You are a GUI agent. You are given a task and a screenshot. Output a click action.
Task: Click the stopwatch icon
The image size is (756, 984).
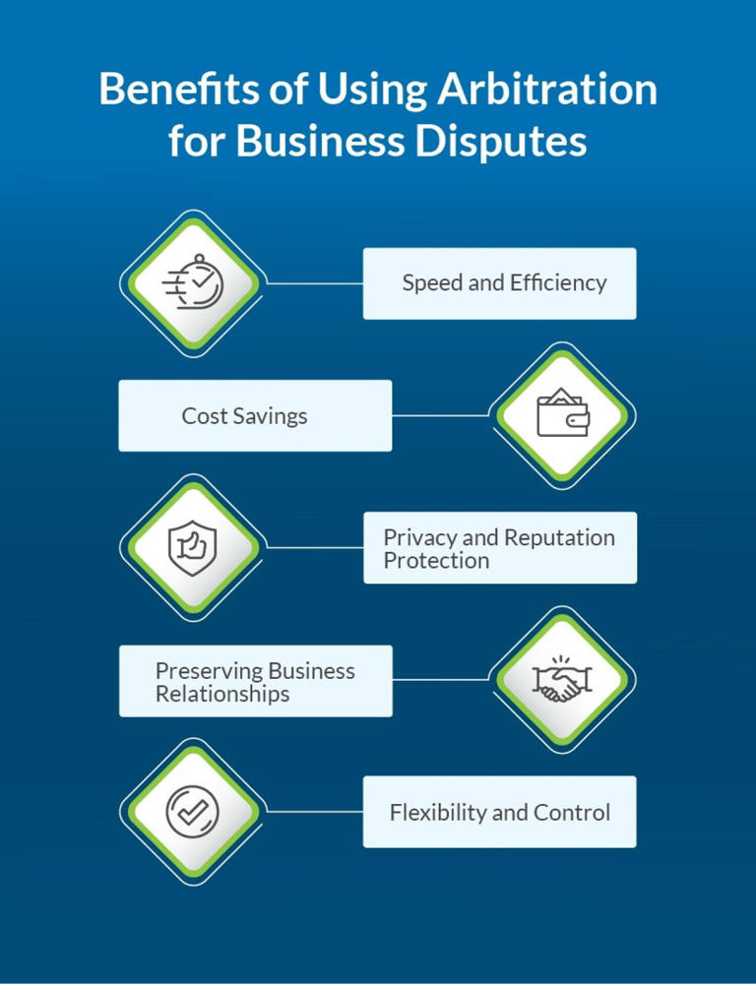[191, 283]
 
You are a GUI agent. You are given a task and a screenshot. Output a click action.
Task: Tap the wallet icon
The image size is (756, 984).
[561, 415]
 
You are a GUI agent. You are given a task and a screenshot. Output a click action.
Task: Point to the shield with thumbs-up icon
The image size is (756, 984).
[191, 548]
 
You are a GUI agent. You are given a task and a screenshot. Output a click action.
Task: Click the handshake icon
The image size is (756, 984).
[561, 680]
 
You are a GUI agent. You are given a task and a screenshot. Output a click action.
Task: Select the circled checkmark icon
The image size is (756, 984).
[191, 812]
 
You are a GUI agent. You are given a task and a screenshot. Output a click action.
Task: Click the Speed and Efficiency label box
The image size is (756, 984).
[499, 283]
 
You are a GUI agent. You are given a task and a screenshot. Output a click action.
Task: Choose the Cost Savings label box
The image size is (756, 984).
[255, 415]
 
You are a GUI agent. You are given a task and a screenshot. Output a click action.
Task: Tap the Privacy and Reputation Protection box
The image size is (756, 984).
[499, 548]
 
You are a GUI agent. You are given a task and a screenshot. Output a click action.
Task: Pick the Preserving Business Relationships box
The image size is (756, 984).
[255, 681]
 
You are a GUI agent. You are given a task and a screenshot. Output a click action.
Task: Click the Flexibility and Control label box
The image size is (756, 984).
[499, 812]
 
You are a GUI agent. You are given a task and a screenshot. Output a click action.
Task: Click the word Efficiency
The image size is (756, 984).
[557, 283]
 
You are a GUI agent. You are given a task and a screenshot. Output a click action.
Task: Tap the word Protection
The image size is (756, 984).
[436, 561]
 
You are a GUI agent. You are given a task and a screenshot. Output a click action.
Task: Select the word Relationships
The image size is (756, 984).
[222, 694]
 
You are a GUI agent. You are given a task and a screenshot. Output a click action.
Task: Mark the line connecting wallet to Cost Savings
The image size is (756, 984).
[440, 415]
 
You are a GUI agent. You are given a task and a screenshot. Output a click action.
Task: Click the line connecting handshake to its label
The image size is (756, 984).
[440, 680]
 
